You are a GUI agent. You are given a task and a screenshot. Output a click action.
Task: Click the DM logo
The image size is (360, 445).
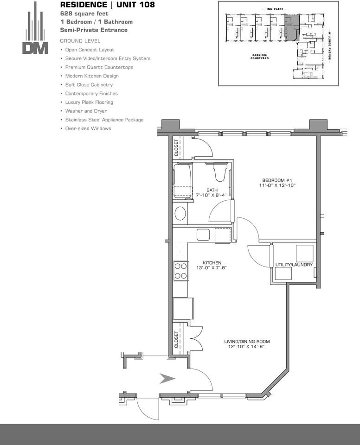(x=35, y=28)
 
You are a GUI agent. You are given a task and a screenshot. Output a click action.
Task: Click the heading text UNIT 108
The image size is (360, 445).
(x=135, y=5)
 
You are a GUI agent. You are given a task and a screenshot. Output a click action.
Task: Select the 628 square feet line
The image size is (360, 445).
(x=84, y=13)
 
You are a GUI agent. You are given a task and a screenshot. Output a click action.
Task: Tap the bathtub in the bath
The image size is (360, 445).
(x=182, y=180)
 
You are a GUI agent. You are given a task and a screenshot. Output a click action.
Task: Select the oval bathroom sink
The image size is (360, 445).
(x=180, y=213)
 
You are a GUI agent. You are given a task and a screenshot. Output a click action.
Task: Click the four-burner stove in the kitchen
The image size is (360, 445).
(x=181, y=271)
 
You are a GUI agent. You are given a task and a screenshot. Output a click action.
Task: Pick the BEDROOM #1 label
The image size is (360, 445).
(x=277, y=180)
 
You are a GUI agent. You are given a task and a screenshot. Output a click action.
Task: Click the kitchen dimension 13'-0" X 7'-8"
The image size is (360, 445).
(x=212, y=267)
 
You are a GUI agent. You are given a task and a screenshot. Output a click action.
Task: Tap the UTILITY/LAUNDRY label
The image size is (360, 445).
(x=294, y=265)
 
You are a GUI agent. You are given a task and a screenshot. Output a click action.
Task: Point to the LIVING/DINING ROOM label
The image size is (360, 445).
(x=247, y=342)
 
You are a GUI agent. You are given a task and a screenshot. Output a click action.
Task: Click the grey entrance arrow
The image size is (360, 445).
(x=167, y=379)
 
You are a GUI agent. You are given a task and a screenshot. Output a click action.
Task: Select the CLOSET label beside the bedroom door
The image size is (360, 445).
(x=176, y=147)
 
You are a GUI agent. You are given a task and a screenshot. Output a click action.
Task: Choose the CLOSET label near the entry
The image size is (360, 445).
(x=176, y=339)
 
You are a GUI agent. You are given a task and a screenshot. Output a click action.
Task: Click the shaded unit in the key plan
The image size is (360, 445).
(x=292, y=28)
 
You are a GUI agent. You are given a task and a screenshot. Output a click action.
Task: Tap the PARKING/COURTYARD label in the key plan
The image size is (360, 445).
(x=259, y=57)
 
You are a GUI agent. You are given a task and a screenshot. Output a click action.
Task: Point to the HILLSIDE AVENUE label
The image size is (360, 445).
(x=330, y=46)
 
